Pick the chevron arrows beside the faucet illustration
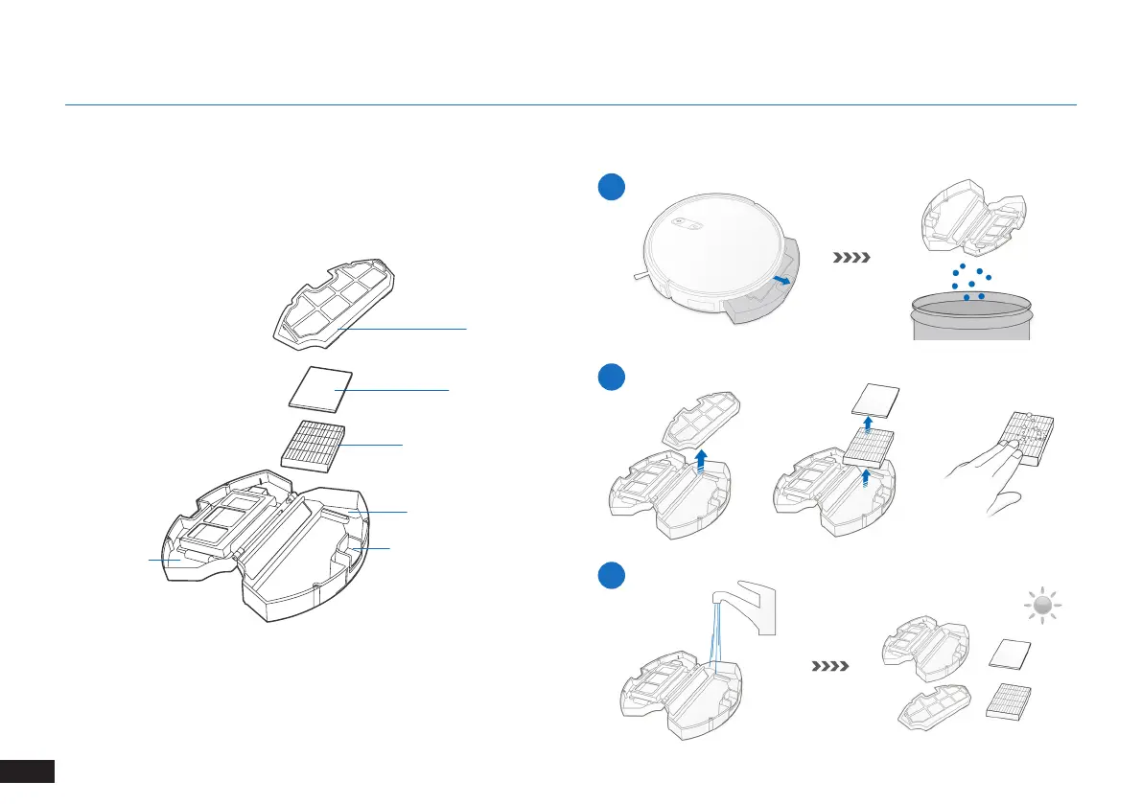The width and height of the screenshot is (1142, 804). click(830, 664)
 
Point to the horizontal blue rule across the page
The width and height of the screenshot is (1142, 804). click(571, 104)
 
